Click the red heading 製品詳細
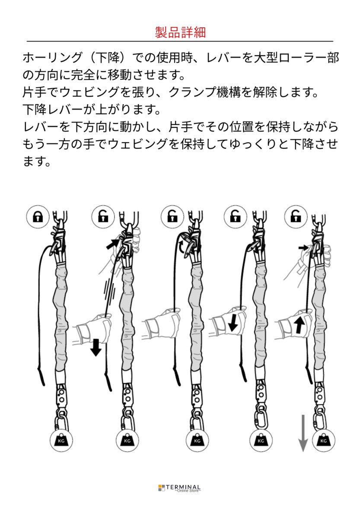[x=180, y=32]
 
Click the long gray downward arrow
[x=303, y=432]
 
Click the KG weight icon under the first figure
[x=61, y=440]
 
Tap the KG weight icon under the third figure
[x=197, y=440]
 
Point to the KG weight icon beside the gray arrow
[x=323, y=440]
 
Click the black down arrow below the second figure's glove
[x=96, y=347]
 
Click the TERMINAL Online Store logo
[x=180, y=488]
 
